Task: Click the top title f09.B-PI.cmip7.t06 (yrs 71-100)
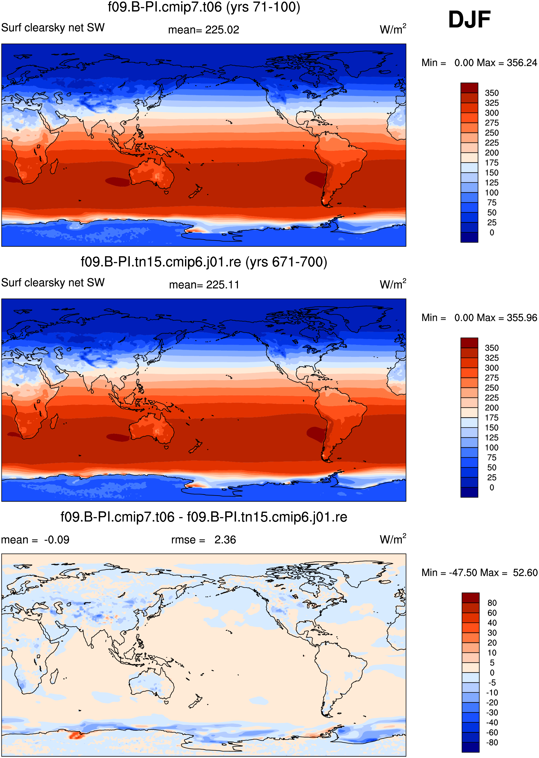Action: coord(204,7)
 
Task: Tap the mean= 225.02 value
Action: coord(203,30)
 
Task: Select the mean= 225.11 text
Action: coord(204,285)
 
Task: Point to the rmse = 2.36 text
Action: coord(203,540)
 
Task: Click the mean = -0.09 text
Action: coord(35,540)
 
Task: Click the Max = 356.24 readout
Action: coord(507,63)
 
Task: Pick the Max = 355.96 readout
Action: coord(507,318)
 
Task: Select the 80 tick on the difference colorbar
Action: coord(492,603)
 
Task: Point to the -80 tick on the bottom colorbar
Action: coord(492,742)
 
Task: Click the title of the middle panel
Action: coord(204,262)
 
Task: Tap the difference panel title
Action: coord(204,517)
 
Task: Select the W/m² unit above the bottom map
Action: coord(393,539)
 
